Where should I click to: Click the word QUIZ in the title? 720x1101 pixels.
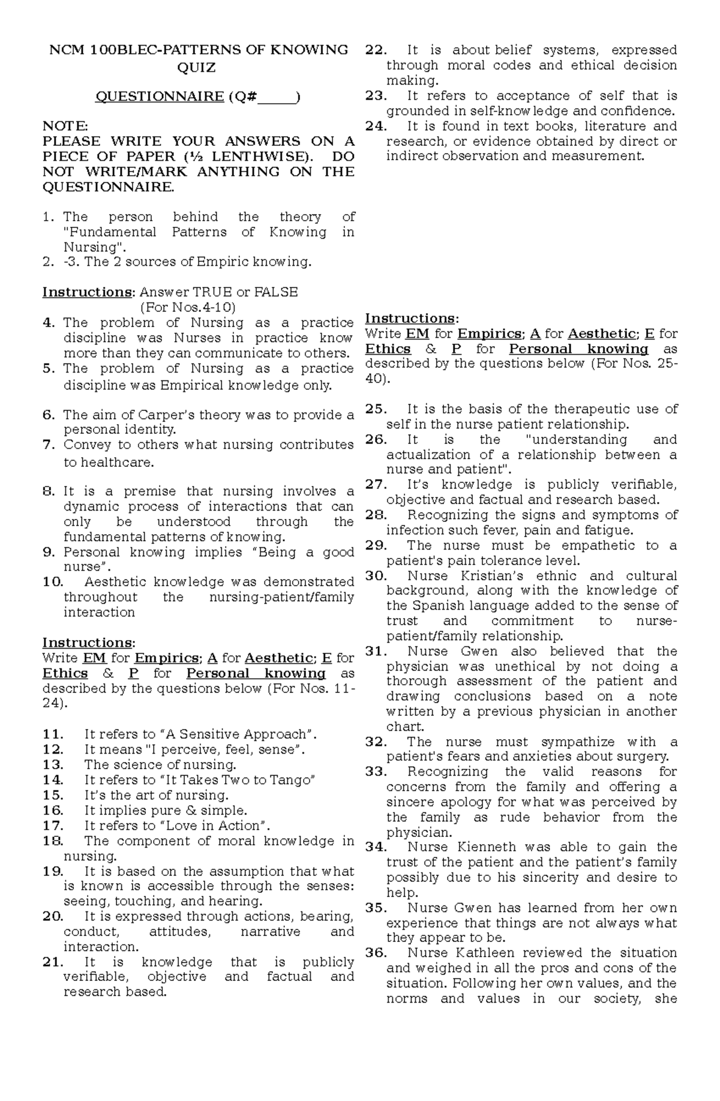pyautogui.click(x=196, y=68)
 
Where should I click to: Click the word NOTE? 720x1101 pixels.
pyautogui.click(x=65, y=126)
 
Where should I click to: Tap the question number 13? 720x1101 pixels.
pyautogui.click(x=53, y=765)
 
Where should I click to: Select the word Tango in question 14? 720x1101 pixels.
pyautogui.click(x=295, y=780)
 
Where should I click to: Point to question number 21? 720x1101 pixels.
pyautogui.click(x=53, y=962)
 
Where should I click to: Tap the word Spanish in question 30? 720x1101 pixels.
pyautogui.click(x=432, y=606)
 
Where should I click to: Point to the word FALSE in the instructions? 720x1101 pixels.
pyautogui.click(x=275, y=292)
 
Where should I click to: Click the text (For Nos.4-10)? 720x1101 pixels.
pyautogui.click(x=187, y=307)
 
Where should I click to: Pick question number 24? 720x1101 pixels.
pyautogui.click(x=376, y=126)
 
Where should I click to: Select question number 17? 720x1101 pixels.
pyautogui.click(x=53, y=826)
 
